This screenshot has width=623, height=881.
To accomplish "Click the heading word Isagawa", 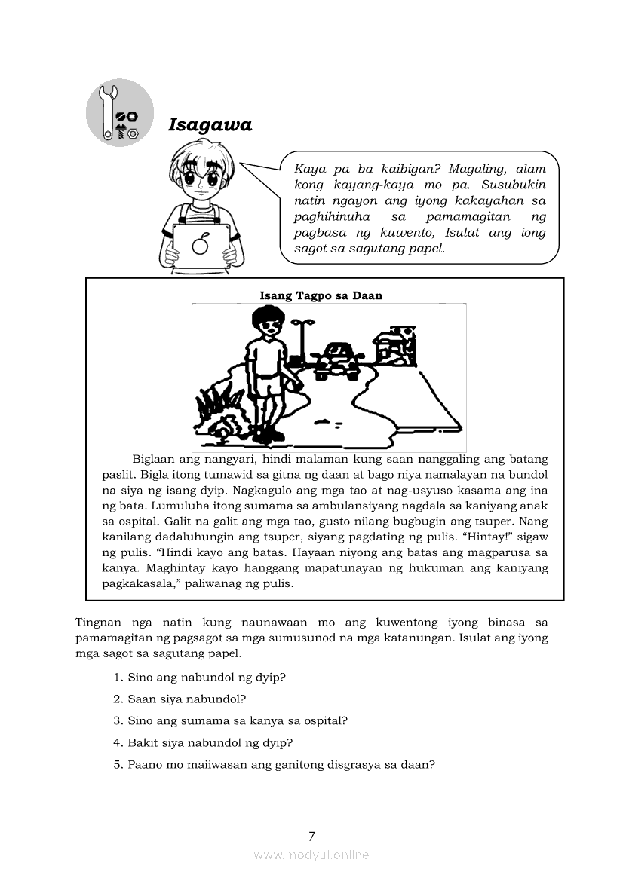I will point(210,125).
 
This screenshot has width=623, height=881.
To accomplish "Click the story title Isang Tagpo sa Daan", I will point(321,295).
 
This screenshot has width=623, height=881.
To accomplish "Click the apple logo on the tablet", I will point(201,245).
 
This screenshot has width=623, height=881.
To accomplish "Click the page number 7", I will point(311,835).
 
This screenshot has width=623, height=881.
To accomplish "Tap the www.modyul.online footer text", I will point(311,855).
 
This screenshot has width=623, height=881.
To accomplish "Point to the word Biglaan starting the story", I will point(154,459).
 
